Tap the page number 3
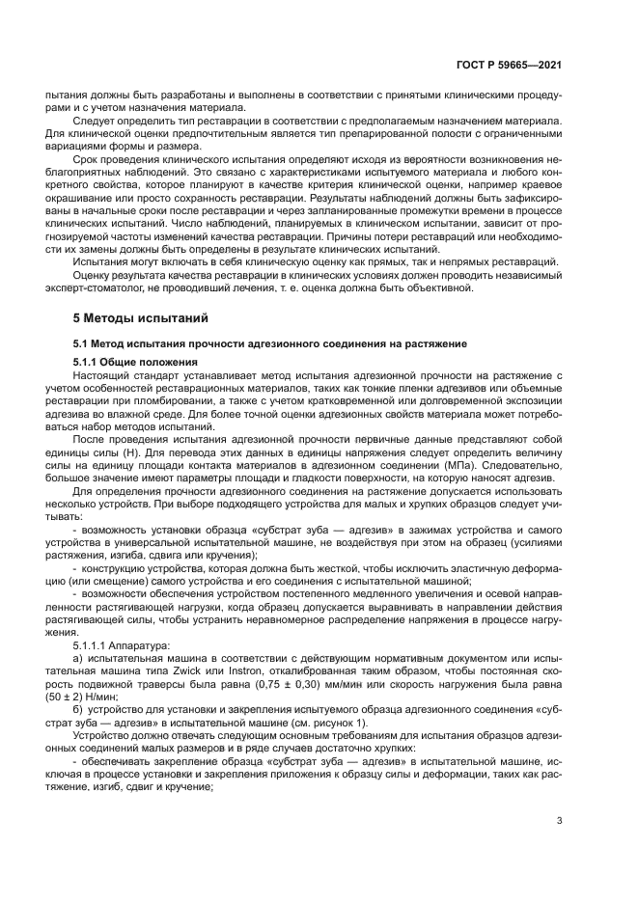tap(559, 821)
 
